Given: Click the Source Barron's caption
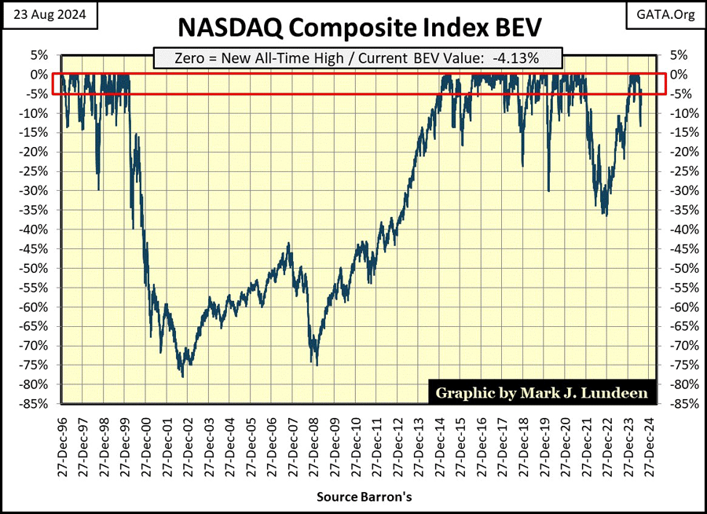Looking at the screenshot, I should tap(353, 497).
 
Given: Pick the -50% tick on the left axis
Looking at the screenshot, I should tap(35, 268).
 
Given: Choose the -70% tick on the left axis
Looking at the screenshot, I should tap(35, 346).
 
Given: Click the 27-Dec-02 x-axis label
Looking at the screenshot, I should tap(186, 446).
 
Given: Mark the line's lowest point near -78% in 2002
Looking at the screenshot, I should tap(183, 376).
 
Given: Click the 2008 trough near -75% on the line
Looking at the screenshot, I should tap(317, 365).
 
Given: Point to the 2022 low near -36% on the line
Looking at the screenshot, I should tap(605, 215).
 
